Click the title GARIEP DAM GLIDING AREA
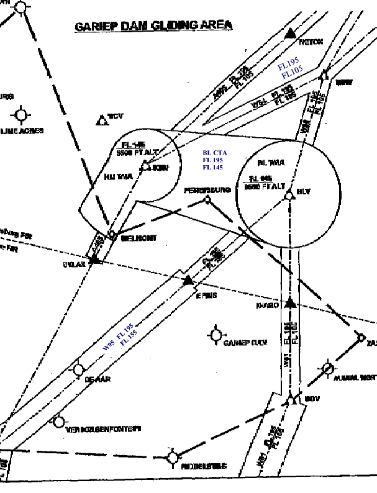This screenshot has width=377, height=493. [153, 26]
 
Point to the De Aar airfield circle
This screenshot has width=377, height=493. [78, 370]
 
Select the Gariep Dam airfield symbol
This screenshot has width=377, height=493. [216, 335]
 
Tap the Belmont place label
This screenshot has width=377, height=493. [139, 238]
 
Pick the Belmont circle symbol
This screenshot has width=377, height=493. [112, 234]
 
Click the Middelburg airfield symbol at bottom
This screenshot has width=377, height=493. [173, 458]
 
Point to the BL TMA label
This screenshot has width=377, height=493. [270, 163]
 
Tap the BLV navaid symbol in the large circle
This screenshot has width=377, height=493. [289, 196]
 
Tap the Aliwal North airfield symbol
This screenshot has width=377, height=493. [328, 368]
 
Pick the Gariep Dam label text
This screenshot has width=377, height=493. [245, 343]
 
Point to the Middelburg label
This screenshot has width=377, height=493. [204, 466]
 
